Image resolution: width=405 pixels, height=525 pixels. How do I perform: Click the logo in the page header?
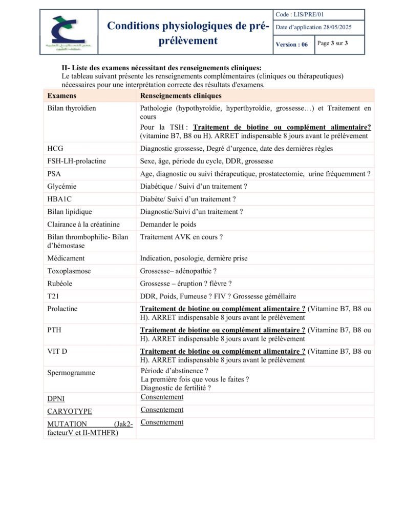(x=69, y=32)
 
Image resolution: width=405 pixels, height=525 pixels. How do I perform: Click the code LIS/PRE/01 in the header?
(x=300, y=14)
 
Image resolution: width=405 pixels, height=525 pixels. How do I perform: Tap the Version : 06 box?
(x=292, y=45)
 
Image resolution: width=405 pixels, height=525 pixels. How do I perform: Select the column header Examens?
(x=62, y=96)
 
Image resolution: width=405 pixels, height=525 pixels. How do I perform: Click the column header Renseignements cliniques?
(x=181, y=96)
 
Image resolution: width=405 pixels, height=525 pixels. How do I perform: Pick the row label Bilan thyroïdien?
(x=72, y=109)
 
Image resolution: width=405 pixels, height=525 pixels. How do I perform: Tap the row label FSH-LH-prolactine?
(x=77, y=161)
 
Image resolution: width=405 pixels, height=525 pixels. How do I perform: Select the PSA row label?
(x=54, y=174)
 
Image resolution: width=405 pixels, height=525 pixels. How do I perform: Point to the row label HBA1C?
(x=59, y=199)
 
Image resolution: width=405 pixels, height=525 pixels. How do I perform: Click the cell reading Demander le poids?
(x=168, y=224)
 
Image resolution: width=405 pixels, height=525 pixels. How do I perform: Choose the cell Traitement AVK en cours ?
(x=182, y=237)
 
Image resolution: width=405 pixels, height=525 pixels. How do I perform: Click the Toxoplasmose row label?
(x=68, y=271)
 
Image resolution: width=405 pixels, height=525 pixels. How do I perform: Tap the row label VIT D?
(x=57, y=351)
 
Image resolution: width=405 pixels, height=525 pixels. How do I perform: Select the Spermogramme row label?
(x=71, y=373)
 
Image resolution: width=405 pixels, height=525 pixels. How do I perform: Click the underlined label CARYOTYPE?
(x=70, y=411)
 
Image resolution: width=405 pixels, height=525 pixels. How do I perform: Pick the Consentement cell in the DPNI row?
(x=162, y=397)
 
